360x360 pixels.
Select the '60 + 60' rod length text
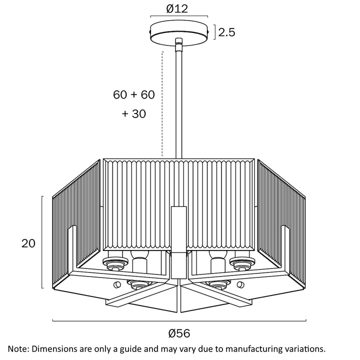coord(134,94)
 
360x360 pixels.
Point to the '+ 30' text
coord(134,113)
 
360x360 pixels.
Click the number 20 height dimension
coord(28,243)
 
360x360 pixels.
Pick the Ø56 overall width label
coord(179,332)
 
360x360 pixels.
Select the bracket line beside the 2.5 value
coord(215,32)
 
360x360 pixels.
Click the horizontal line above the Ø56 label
coord(179,321)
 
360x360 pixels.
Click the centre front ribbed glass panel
coord(145,205)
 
